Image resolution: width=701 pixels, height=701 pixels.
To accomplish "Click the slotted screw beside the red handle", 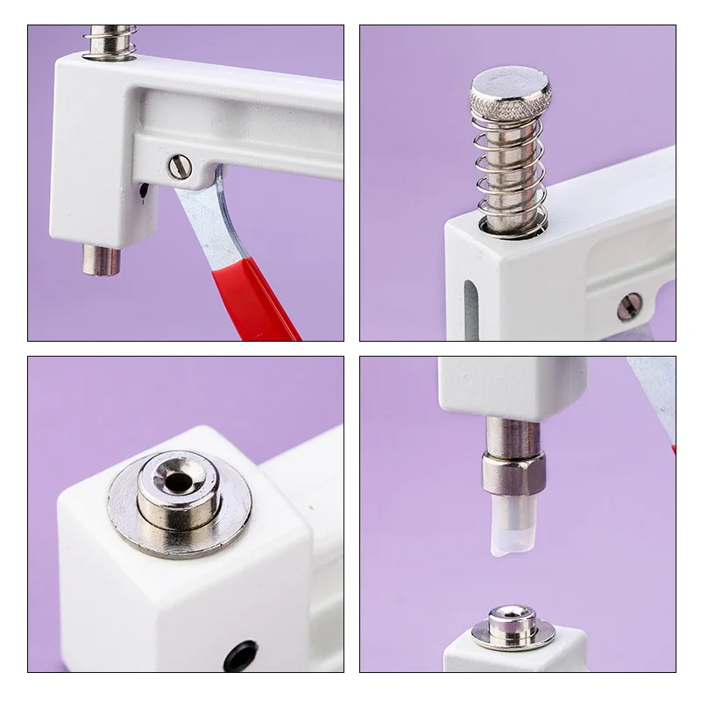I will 180,166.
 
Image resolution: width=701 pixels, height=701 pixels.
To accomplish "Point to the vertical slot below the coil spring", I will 471,308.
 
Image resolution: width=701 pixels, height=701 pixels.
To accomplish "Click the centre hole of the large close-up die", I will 181,481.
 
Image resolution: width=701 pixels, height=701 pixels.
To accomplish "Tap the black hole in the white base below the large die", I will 240,655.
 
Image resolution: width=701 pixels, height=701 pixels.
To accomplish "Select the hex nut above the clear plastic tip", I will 513,473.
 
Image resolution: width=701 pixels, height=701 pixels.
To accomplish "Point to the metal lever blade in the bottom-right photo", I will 654,394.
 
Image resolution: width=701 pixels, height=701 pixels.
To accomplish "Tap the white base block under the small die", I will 513,660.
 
